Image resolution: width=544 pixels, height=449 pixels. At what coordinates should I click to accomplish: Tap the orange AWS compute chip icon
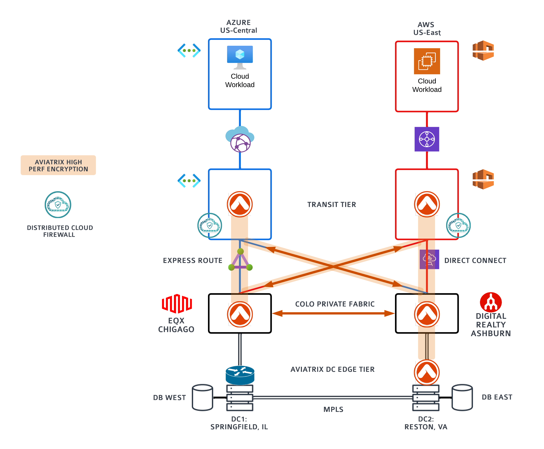pyautogui.click(x=427, y=61)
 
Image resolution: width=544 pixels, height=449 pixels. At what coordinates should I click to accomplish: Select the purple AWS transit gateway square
pyautogui.click(x=427, y=139)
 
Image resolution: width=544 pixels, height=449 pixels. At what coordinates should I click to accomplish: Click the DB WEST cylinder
pyautogui.click(x=202, y=397)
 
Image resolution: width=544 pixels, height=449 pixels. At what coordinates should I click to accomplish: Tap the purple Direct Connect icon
pyautogui.click(x=429, y=259)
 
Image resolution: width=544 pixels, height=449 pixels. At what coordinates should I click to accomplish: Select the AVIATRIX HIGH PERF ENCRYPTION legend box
pyautogui.click(x=58, y=165)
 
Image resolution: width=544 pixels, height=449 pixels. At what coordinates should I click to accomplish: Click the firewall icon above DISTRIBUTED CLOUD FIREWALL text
pyautogui.click(x=58, y=205)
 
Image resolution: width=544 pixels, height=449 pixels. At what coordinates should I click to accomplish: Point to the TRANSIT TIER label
pyautogui.click(x=331, y=205)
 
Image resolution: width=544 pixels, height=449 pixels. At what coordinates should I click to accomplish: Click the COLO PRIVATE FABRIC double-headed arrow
pyautogui.click(x=333, y=313)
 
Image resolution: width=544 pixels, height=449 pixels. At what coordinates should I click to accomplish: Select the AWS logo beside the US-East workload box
pyautogui.click(x=483, y=51)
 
